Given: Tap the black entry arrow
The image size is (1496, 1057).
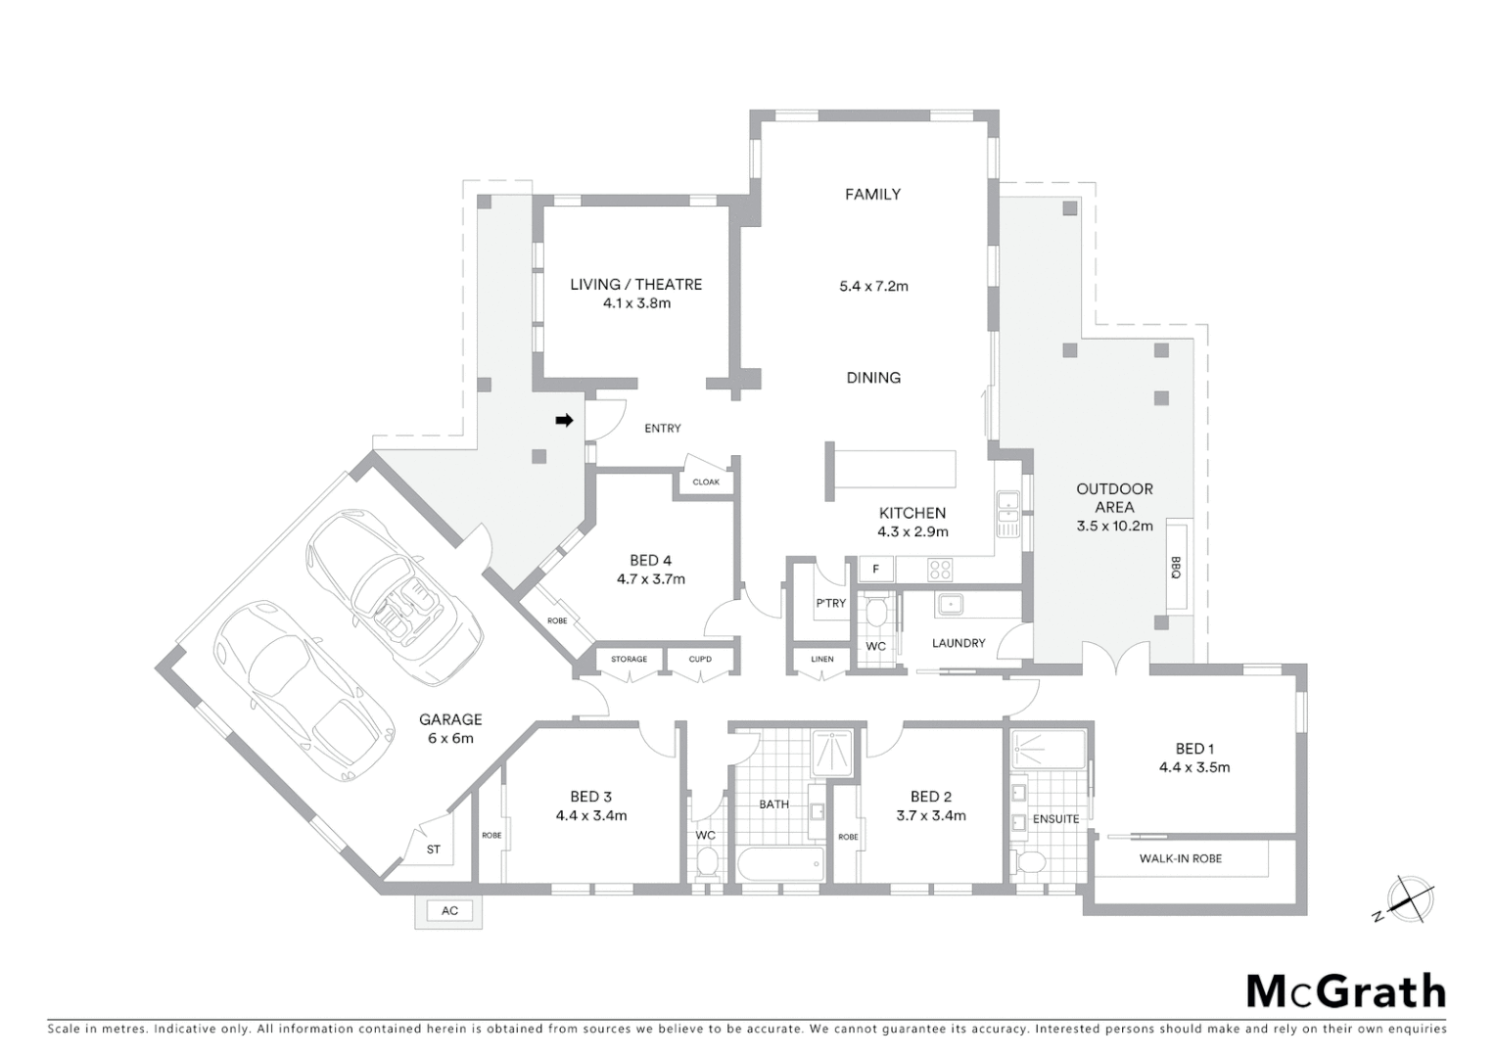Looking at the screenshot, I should [564, 421].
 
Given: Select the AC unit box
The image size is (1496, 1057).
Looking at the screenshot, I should [449, 911].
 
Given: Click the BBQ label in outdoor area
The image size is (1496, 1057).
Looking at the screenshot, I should [1175, 568].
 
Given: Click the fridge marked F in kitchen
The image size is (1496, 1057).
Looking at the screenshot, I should [876, 569].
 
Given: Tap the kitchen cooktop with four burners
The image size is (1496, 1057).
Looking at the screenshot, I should [940, 568].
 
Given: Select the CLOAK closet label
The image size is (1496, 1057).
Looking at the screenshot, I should [706, 483].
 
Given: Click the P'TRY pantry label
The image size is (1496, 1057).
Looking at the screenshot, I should [830, 603].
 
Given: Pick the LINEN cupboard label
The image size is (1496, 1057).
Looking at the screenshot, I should [822, 660].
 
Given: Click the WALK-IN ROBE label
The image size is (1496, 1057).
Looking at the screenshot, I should [1180, 858].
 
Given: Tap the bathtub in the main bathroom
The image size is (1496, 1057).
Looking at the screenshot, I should [779, 864].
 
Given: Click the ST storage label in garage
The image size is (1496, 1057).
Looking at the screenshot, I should [434, 850].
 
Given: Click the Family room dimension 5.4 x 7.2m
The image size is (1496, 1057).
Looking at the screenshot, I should [873, 287].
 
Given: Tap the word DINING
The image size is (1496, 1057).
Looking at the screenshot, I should [873, 378].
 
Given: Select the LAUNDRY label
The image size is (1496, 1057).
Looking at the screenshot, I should [958, 643].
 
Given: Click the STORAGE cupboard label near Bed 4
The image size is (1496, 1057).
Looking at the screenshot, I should [629, 660].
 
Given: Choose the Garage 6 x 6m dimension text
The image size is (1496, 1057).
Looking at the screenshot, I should [450, 738].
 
